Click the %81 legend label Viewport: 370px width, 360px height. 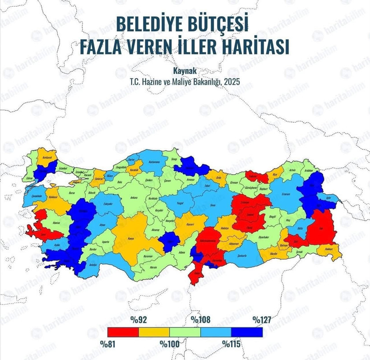click(x=108, y=343)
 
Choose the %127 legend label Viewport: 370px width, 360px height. click(x=261, y=320)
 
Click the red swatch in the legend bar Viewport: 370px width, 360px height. click(x=122, y=332)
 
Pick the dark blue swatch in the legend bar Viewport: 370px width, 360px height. click(x=247, y=332)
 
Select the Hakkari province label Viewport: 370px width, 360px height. click(x=329, y=249)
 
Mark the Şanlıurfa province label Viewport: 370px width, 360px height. click(x=242, y=256)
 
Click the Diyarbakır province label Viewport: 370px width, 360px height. click(x=263, y=237)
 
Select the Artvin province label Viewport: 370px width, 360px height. click(x=293, y=170)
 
